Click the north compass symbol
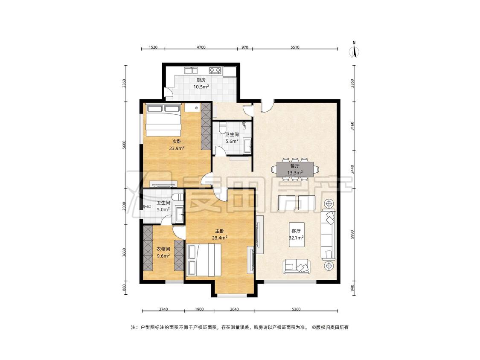[x=355, y=50]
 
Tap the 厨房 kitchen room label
[x=201, y=80]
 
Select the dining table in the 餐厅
[x=295, y=169]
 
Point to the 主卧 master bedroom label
[x=219, y=231]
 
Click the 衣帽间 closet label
[x=163, y=249]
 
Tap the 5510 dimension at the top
[x=295, y=47]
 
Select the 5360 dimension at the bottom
[x=296, y=309]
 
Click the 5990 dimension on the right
[x=352, y=235]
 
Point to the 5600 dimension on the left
[x=124, y=145]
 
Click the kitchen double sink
[x=191, y=70]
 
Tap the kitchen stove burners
[x=215, y=70]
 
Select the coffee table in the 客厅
[x=297, y=235]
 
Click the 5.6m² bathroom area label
[x=232, y=141]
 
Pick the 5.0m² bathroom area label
[x=163, y=209]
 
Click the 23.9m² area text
[x=177, y=148]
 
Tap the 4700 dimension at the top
[x=201, y=47]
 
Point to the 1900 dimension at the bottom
[x=199, y=309]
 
